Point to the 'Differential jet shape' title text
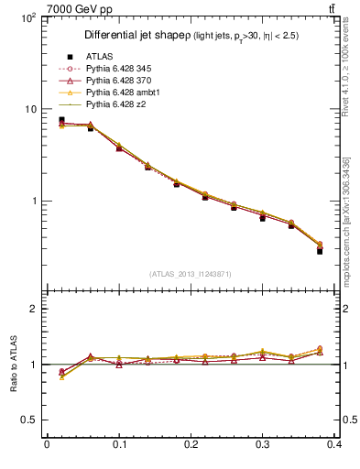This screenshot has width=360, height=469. [x=136, y=35]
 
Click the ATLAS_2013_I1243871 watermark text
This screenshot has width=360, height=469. [x=191, y=274]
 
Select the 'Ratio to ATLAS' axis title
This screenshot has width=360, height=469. [x=14, y=364]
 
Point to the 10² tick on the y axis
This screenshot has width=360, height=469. [x=29, y=18]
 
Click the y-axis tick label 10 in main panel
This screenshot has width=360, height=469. [x=32, y=109]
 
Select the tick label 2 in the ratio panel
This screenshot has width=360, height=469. [x=37, y=310]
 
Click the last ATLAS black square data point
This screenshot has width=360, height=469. [x=321, y=250]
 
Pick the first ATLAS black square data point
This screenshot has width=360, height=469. [x=61, y=119]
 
